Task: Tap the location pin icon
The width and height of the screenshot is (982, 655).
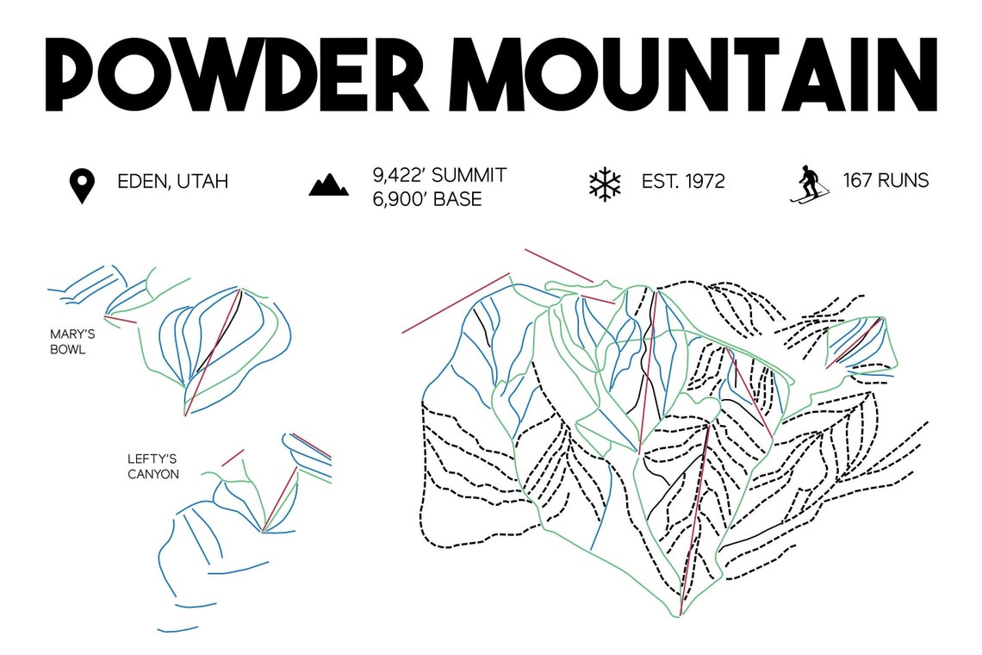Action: [82, 186]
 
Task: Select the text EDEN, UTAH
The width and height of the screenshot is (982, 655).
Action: [173, 182]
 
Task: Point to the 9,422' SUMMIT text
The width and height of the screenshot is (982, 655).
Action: [439, 176]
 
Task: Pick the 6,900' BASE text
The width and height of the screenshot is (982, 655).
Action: [427, 199]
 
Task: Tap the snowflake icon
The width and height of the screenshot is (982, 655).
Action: [605, 185]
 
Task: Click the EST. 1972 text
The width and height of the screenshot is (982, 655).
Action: [683, 182]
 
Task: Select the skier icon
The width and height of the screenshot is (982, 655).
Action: [809, 184]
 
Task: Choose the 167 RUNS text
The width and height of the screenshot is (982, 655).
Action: [886, 181]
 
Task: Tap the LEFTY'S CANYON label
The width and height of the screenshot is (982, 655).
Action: [153, 466]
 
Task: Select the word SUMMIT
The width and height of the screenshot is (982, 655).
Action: [469, 176]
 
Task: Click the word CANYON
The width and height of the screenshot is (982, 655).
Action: [153, 473]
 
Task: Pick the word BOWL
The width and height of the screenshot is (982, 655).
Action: [69, 350]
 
